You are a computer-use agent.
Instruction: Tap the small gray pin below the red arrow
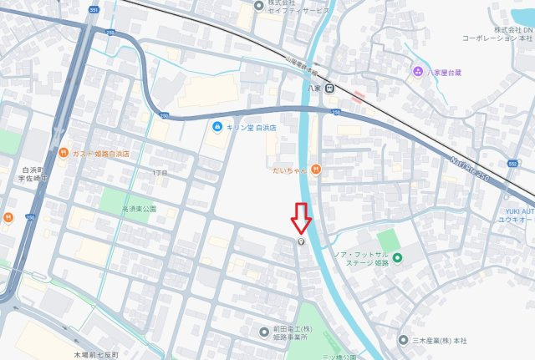[x=302, y=241]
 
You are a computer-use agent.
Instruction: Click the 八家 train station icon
[x=331, y=87]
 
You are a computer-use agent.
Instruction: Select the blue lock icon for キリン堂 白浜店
[x=217, y=126]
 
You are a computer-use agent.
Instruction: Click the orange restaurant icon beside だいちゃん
[x=315, y=170]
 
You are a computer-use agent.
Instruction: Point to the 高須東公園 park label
[x=140, y=208]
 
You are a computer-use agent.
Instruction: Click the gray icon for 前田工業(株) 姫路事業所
[x=265, y=332]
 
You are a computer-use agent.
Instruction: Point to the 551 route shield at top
[x=94, y=10]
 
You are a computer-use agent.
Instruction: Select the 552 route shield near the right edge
[x=512, y=164]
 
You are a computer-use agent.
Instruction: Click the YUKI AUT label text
[x=518, y=212]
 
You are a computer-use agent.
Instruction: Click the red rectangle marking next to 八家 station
[x=358, y=96]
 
